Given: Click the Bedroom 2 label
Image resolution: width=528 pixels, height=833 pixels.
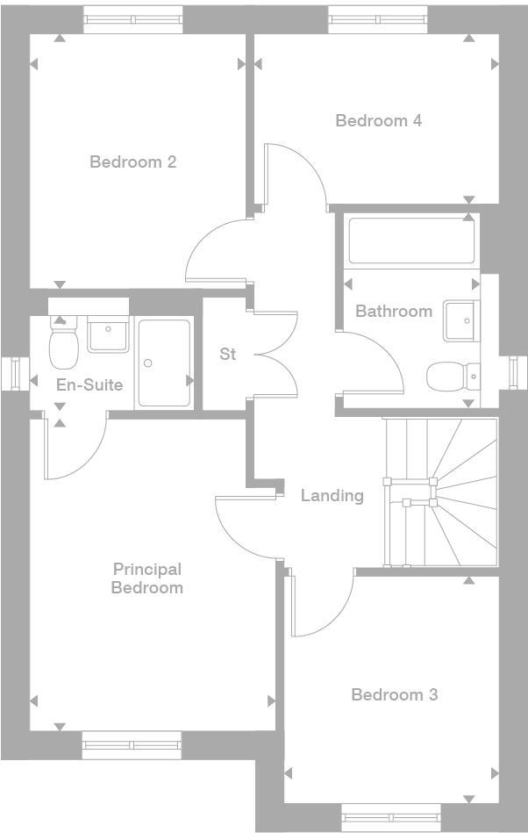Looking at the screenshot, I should point(132,162).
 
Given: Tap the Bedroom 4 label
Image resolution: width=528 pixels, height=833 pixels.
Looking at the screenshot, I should point(378,120).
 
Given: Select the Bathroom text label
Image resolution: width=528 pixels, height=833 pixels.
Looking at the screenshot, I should point(393,311).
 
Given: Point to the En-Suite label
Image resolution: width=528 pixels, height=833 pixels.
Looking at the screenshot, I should point(89,384).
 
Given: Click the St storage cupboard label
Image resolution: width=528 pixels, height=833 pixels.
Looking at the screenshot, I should point(228,355).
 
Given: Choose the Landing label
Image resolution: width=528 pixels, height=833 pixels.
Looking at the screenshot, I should point(332,495).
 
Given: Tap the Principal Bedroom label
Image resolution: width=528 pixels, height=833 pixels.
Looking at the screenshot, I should point(146,578).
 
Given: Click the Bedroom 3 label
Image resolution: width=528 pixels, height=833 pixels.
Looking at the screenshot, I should point(394,694).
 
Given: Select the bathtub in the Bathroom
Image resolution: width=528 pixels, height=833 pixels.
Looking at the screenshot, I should point(411,241).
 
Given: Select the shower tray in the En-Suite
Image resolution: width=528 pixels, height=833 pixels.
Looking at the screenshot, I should point(164,363).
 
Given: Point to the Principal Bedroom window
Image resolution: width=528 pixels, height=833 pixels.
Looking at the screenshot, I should point(132,744).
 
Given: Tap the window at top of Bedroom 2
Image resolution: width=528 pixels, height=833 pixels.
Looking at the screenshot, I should point(133,19).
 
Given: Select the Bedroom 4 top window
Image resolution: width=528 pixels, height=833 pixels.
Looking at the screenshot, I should point(378,19).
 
